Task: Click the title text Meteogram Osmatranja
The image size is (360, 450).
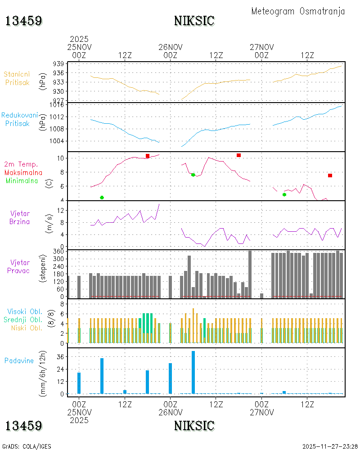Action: (298, 12)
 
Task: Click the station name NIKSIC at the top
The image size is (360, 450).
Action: (194, 21)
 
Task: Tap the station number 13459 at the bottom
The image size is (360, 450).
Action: (23, 426)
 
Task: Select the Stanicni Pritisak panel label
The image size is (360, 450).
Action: (17, 78)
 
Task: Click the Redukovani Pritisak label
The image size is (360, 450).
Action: (19, 119)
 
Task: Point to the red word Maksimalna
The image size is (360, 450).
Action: (23, 173)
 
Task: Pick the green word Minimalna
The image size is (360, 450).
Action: (22, 181)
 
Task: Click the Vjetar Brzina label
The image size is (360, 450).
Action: (19, 217)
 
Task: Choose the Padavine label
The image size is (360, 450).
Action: (19, 361)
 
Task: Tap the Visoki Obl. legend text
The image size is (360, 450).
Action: (25, 312)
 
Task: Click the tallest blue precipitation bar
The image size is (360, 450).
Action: (193, 372)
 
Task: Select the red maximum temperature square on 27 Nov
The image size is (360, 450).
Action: (330, 175)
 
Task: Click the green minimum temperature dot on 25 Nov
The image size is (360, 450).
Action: (102, 198)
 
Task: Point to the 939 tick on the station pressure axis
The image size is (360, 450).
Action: (58, 64)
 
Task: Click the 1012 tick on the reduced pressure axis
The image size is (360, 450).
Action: (57, 117)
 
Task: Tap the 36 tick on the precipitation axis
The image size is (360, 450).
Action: (60, 357)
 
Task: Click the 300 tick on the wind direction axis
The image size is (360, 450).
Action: (58, 259)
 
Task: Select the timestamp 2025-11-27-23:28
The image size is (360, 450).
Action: (330, 446)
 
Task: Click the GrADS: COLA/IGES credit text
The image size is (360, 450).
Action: (27, 446)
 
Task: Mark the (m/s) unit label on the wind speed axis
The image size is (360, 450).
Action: (49, 224)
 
